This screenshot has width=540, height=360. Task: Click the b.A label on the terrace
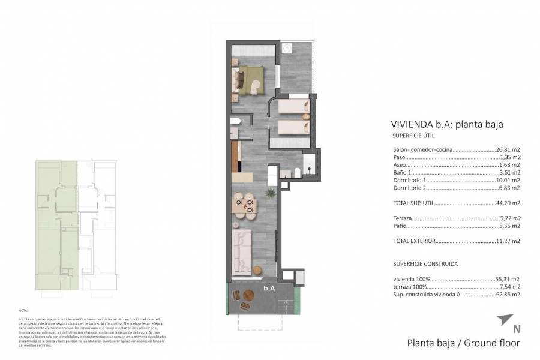pos(269,289)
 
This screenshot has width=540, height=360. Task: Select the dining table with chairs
pos(244,205)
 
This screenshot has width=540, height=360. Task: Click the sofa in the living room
pos(244,251)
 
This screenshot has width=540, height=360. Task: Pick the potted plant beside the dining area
pos(271,193)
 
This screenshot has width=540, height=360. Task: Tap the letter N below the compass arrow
pos(516,329)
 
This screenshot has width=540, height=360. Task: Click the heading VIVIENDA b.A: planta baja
pos(446,125)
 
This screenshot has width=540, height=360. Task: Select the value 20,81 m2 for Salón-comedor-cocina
pos(508,149)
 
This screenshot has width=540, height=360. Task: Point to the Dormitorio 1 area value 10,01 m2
pos(508,180)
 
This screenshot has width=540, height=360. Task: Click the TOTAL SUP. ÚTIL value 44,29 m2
pos(508,203)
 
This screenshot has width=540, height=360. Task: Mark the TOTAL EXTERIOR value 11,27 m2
pos(508,241)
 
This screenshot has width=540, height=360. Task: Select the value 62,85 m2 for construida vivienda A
pos(508,295)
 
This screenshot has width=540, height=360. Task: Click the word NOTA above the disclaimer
pos(23,310)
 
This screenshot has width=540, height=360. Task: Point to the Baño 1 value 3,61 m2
pos(509,172)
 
